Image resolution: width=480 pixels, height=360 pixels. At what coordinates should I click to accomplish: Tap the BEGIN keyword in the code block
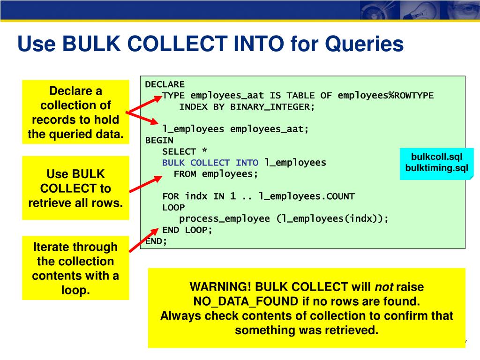coord(159,140)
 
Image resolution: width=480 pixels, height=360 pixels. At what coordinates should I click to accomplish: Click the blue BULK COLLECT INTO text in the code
coord(210,163)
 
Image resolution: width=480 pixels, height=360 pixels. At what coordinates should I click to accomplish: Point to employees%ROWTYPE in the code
coord(385,96)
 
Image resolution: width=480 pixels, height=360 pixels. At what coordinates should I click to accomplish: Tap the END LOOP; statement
coord(187,230)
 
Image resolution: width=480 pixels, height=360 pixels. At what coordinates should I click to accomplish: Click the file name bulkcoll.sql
coord(436,157)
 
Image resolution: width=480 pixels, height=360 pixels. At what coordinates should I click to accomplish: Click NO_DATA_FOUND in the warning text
coord(245,301)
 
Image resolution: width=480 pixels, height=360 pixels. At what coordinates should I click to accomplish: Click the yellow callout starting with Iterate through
coord(75,268)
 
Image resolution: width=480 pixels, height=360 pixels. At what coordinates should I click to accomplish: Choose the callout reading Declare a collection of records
coord(75,112)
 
